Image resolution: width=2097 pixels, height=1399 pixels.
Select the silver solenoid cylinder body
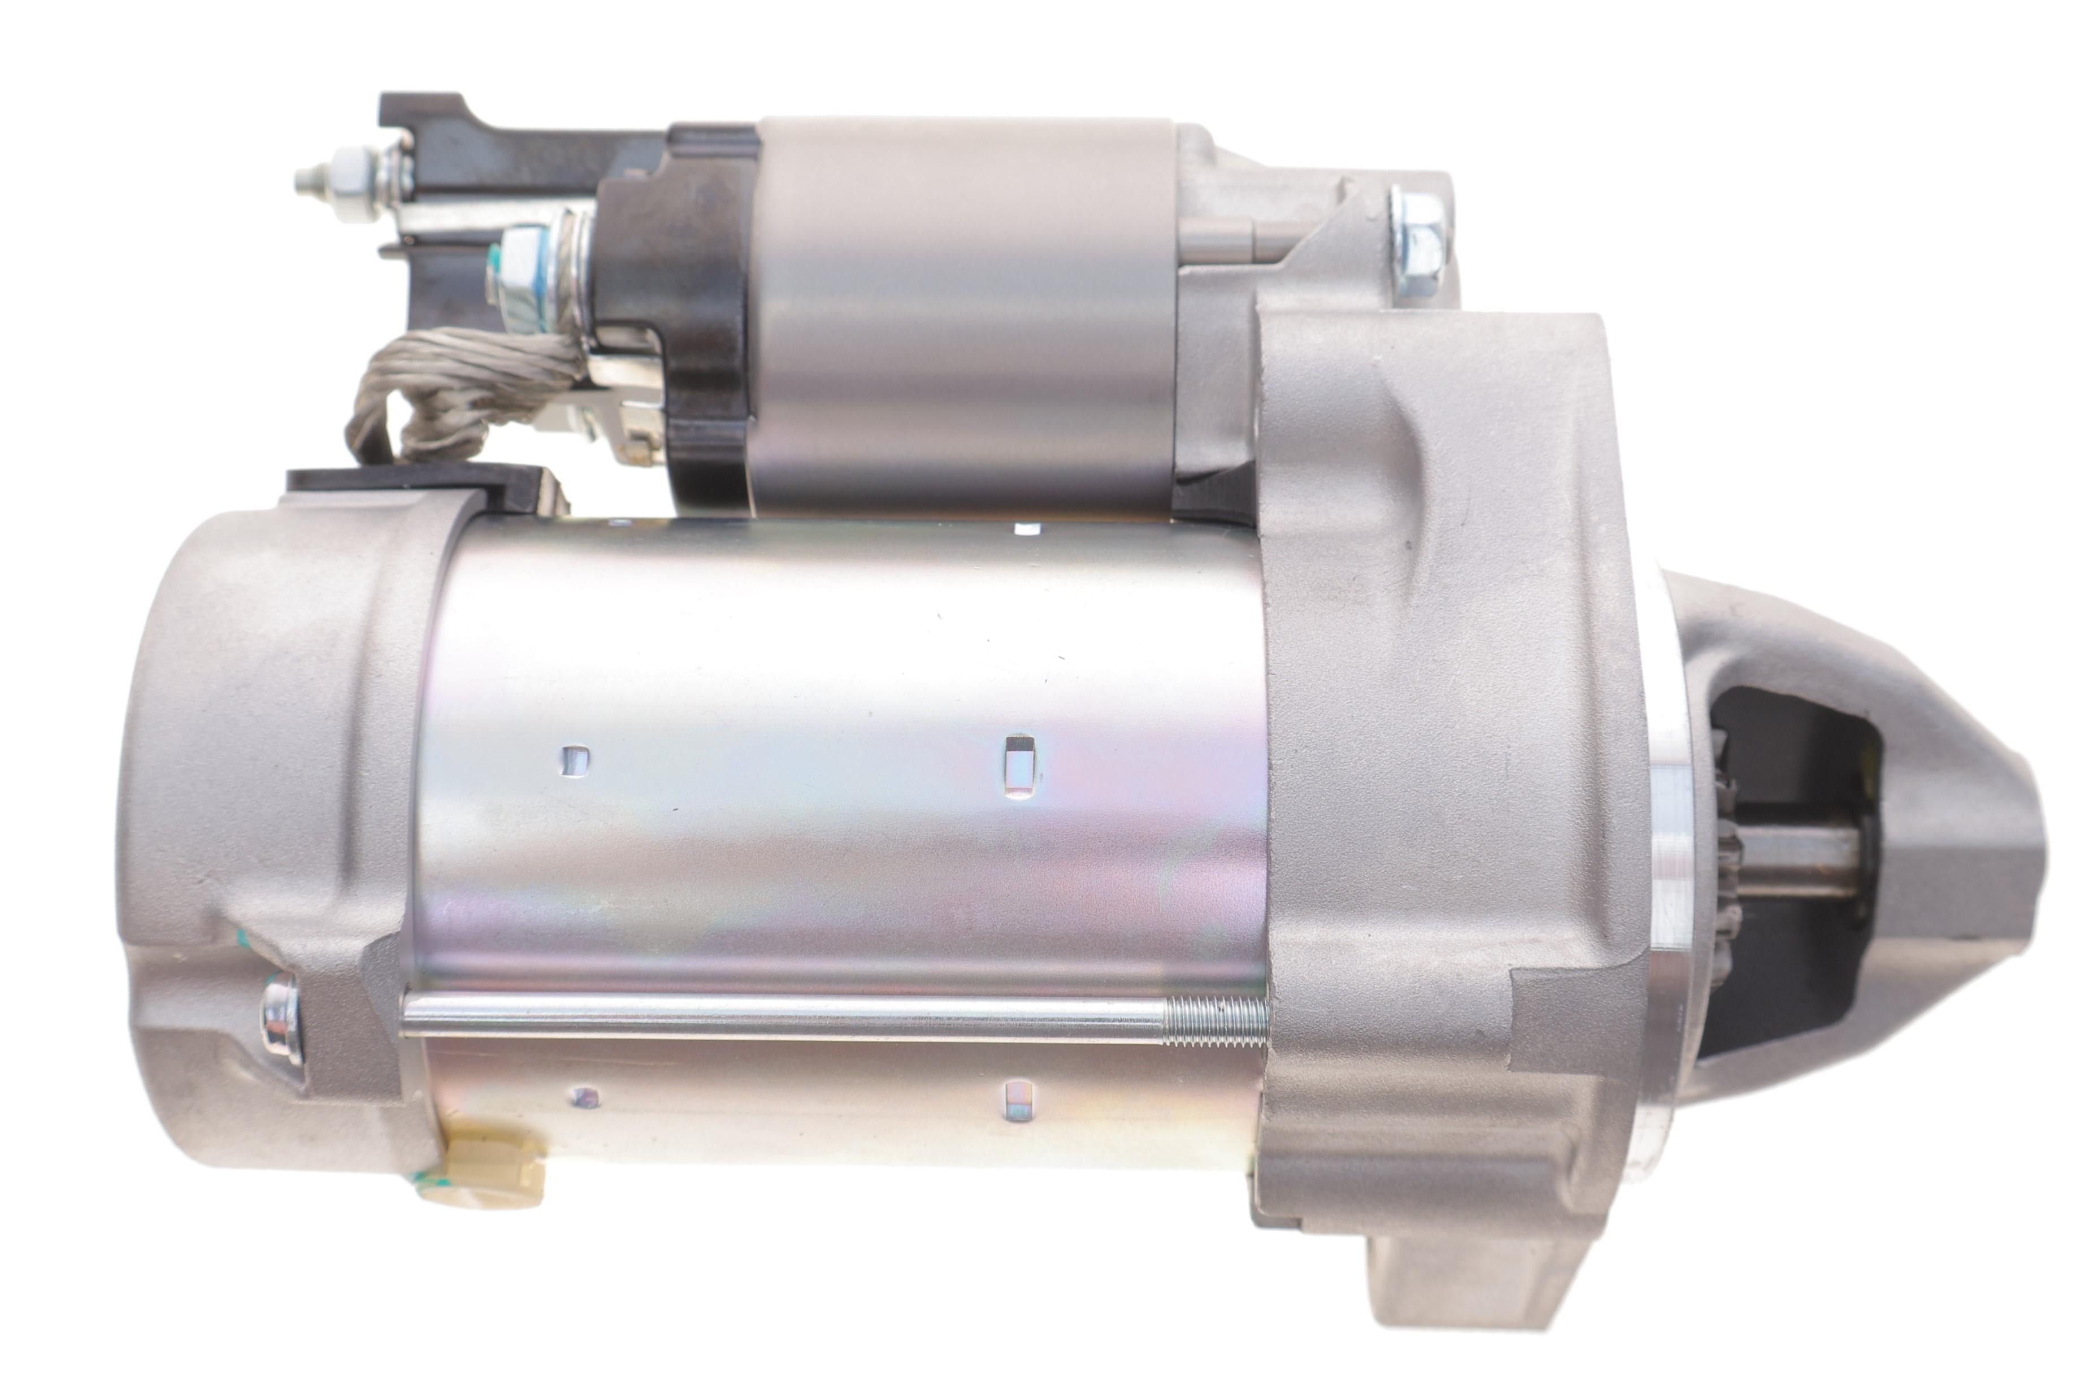(x=963, y=312)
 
